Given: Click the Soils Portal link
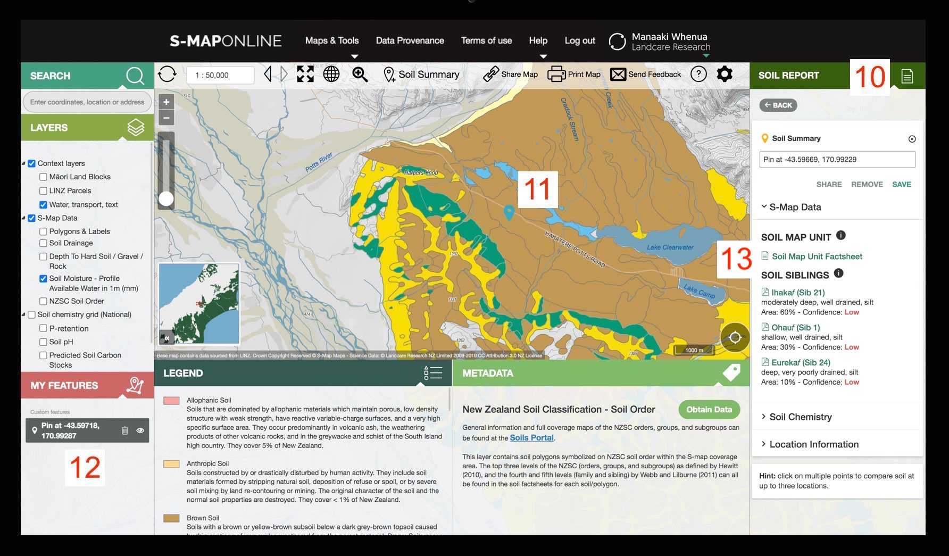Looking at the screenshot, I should (531, 438).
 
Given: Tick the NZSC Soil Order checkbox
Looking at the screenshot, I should (43, 301).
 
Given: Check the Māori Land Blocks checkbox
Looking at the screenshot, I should (43, 177).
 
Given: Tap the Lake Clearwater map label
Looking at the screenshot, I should (670, 247).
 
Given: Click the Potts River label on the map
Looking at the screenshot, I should (319, 162).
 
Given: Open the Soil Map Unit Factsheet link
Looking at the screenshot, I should (817, 256).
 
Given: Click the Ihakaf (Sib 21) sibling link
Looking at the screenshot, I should (797, 293).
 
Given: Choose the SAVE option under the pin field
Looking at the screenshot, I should (901, 185).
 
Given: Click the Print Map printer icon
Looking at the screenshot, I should (556, 74).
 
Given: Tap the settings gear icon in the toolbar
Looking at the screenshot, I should (725, 74).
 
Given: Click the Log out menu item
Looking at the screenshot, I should (580, 40).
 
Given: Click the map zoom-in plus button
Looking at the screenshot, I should (167, 102).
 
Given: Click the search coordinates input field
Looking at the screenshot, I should (87, 102).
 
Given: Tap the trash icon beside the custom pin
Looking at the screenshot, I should (124, 430).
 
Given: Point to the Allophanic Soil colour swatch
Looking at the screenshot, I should (171, 401).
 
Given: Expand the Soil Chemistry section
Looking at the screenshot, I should (800, 417).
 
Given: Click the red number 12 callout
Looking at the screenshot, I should (85, 468).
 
